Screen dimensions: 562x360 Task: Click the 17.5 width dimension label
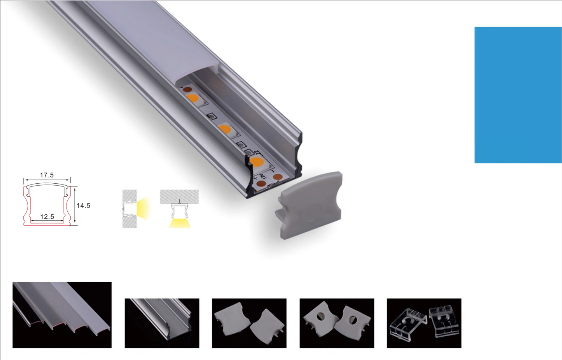[x=47, y=175]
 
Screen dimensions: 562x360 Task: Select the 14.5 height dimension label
[x=83, y=205]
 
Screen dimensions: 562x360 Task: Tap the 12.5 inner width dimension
[x=47, y=216]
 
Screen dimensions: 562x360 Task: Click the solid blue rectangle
[x=518, y=95]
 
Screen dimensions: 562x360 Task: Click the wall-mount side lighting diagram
[x=135, y=209]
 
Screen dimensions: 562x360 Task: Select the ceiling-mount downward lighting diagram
[x=179, y=209]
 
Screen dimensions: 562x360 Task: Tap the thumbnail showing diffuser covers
[x=62, y=315]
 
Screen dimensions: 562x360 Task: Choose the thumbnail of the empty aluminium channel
[x=162, y=323]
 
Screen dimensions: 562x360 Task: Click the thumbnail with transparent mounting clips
[x=424, y=323]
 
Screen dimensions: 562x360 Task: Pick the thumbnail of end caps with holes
[x=337, y=323]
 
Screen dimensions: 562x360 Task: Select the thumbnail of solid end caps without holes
[x=249, y=323]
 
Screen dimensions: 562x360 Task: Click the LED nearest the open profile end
[x=256, y=162]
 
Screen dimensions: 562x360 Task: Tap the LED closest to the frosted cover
[x=193, y=98]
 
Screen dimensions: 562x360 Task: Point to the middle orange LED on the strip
[x=224, y=129]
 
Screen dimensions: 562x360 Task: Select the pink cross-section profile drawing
[x=47, y=205]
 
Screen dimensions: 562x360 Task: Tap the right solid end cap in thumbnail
[x=268, y=327]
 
